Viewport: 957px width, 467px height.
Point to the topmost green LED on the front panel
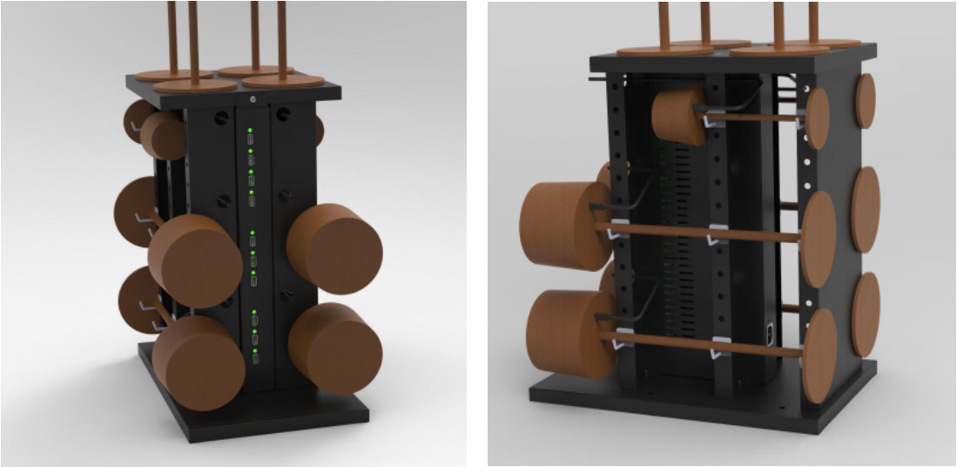250,131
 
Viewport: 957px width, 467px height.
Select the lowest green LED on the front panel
252,351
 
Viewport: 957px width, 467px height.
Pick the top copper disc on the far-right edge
864,101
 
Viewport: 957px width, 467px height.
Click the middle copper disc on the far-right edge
866,210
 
